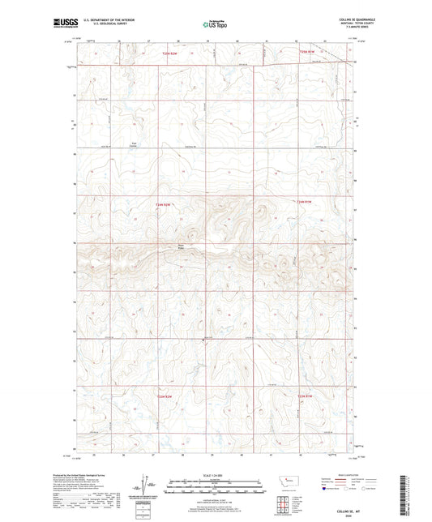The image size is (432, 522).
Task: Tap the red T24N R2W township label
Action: click(163, 205)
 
